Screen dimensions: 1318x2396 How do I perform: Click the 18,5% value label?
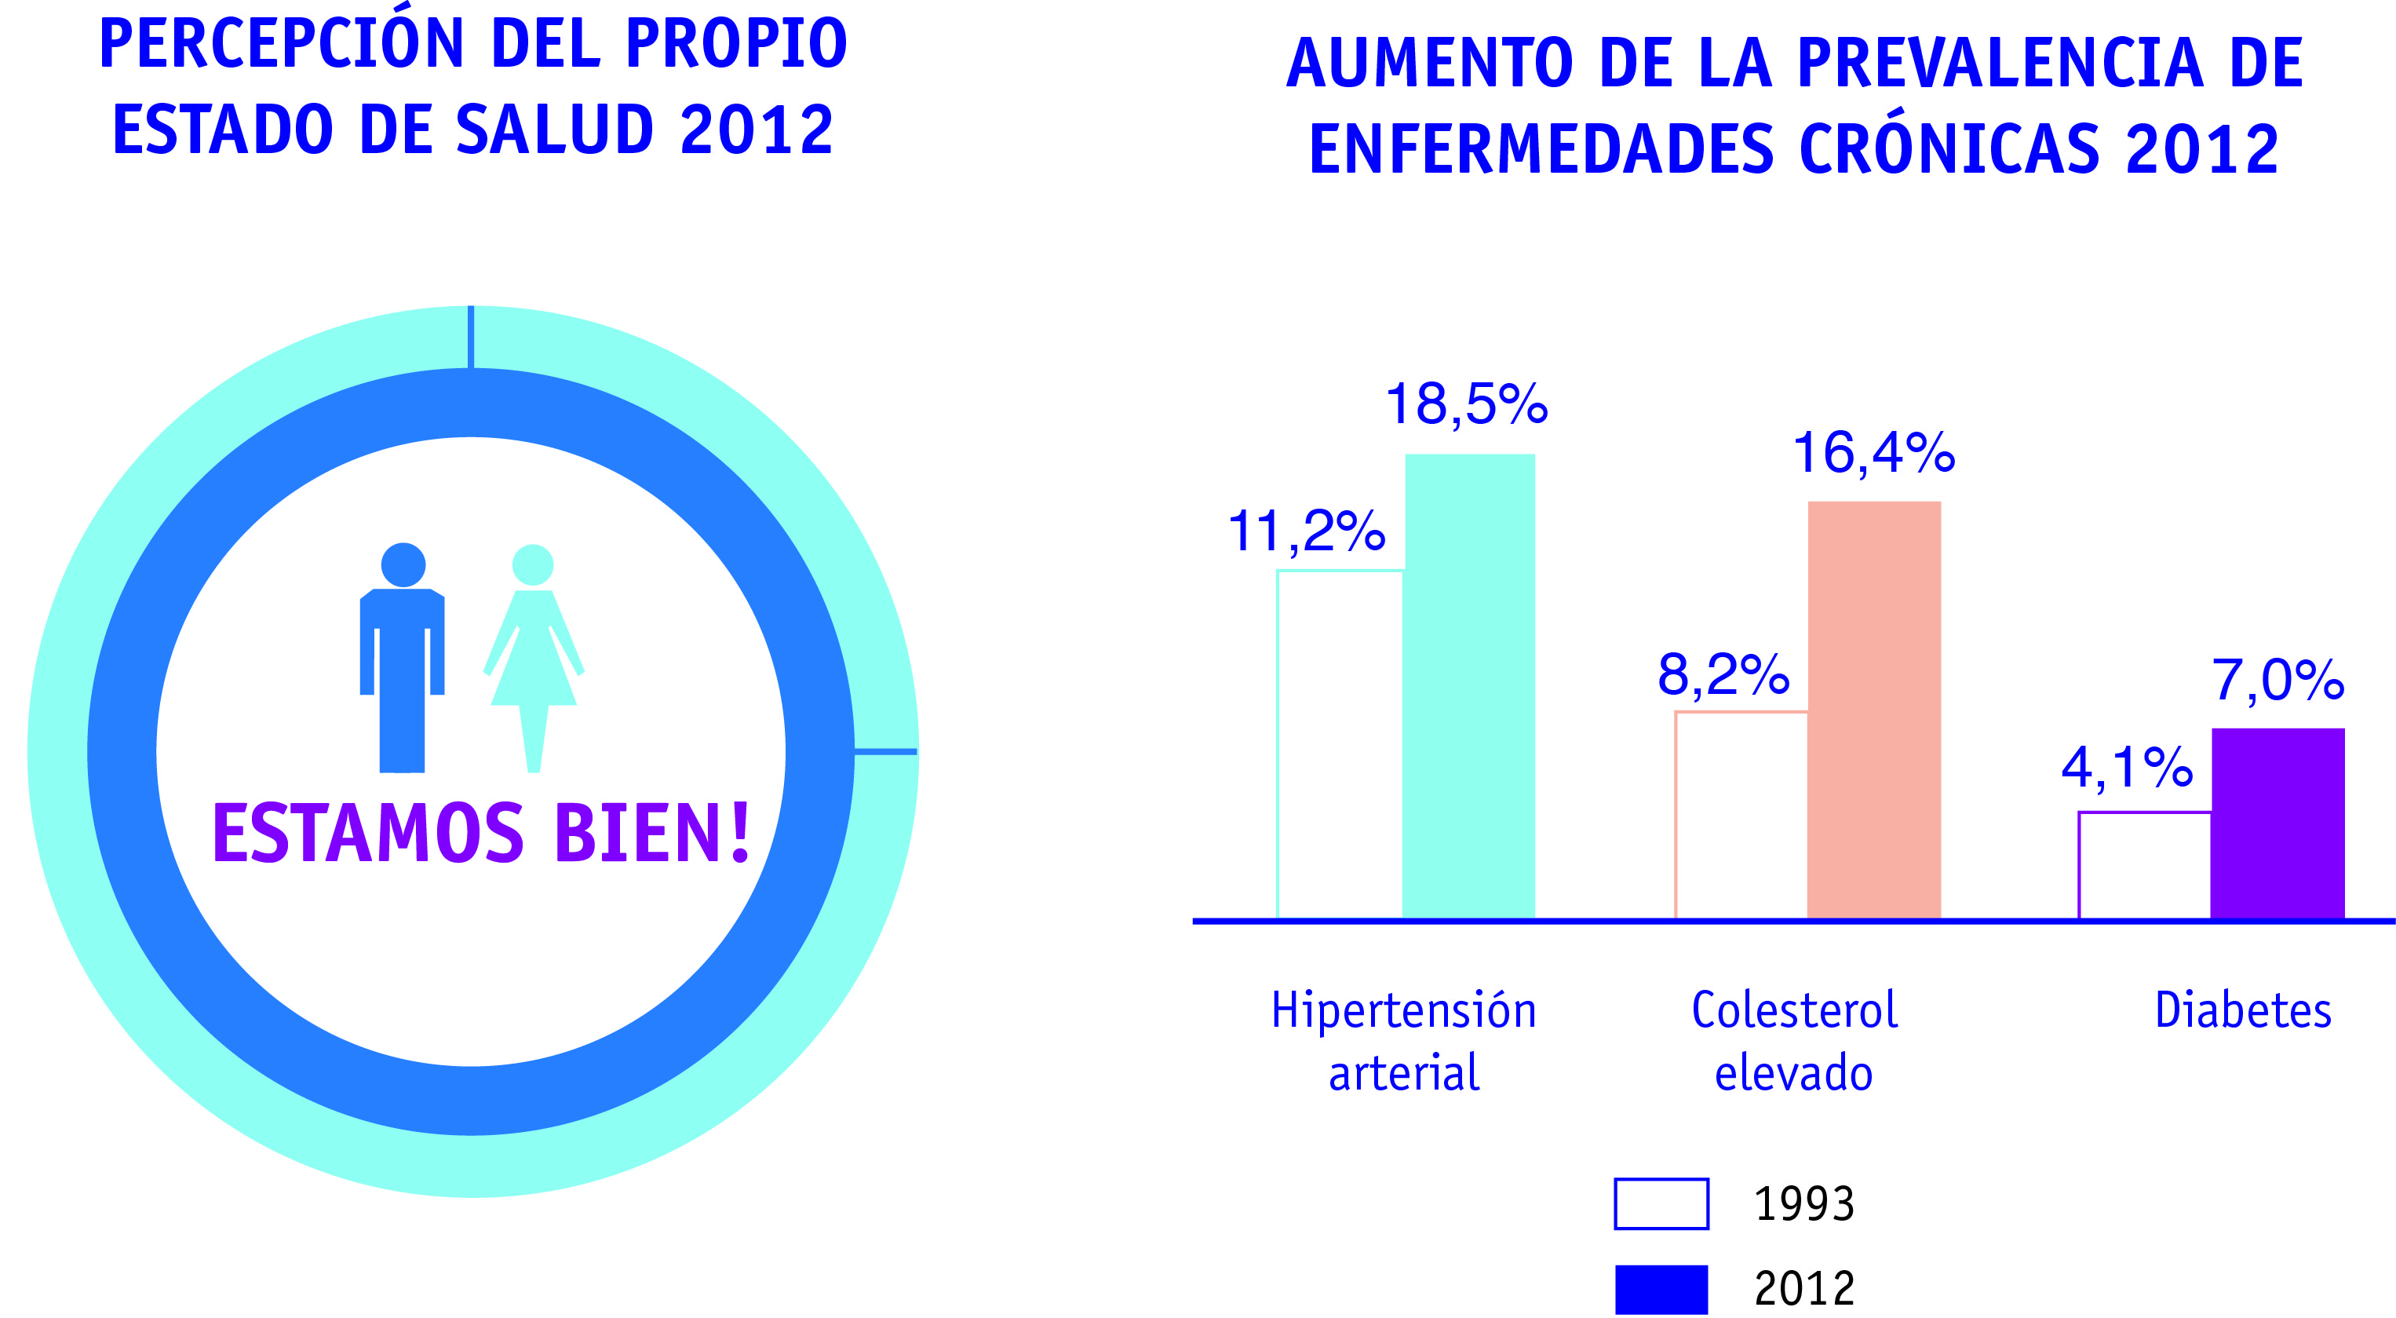coord(1466,404)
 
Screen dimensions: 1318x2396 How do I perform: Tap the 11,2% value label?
coord(1306,532)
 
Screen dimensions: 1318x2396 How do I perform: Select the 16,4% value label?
coord(1873,453)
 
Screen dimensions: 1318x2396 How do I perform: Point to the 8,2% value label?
coord(1723,674)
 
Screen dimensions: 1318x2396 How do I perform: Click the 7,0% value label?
coord(2277,679)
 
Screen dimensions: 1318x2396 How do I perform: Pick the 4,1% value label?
coord(2126,769)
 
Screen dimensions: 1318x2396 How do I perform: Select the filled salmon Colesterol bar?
coord(1873,710)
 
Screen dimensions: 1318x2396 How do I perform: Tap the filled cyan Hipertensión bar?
coord(1468,685)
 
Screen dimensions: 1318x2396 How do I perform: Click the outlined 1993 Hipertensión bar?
coord(1340,744)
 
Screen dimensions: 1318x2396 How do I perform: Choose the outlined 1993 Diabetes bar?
coord(2144,865)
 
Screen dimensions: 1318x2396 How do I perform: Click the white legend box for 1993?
coord(1661,1203)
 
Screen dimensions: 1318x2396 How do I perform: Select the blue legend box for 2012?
coord(1661,1289)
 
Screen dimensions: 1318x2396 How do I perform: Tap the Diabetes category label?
coord(2242,1011)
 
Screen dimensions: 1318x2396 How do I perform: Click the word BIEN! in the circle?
coord(652,832)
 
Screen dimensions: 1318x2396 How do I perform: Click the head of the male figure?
coord(403,564)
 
